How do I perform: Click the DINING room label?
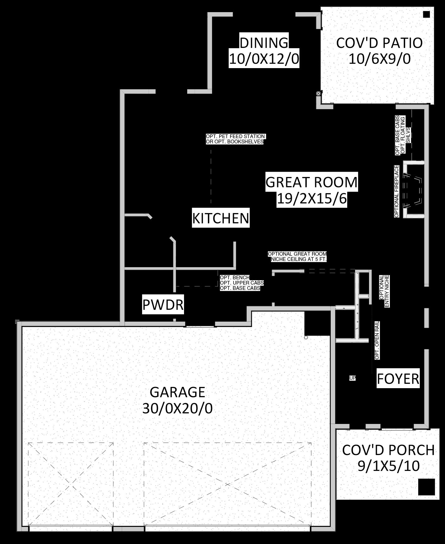[264, 43]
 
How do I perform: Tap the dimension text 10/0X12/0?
[264, 60]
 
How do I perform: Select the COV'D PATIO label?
[379, 43]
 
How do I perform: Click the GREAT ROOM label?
[311, 182]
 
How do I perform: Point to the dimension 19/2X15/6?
[311, 199]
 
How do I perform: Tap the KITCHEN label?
[221, 218]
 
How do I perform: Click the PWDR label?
[163, 305]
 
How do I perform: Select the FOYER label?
[398, 379]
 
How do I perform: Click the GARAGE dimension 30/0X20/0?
[178, 408]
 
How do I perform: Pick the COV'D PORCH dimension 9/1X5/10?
[388, 466]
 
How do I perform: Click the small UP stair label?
[352, 378]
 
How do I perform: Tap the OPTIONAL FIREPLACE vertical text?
[397, 191]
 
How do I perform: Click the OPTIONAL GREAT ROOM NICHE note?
[297, 257]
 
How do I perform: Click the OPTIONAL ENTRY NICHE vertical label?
[384, 291]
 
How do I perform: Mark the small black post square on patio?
[426, 14]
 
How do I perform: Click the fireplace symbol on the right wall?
[413, 190]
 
